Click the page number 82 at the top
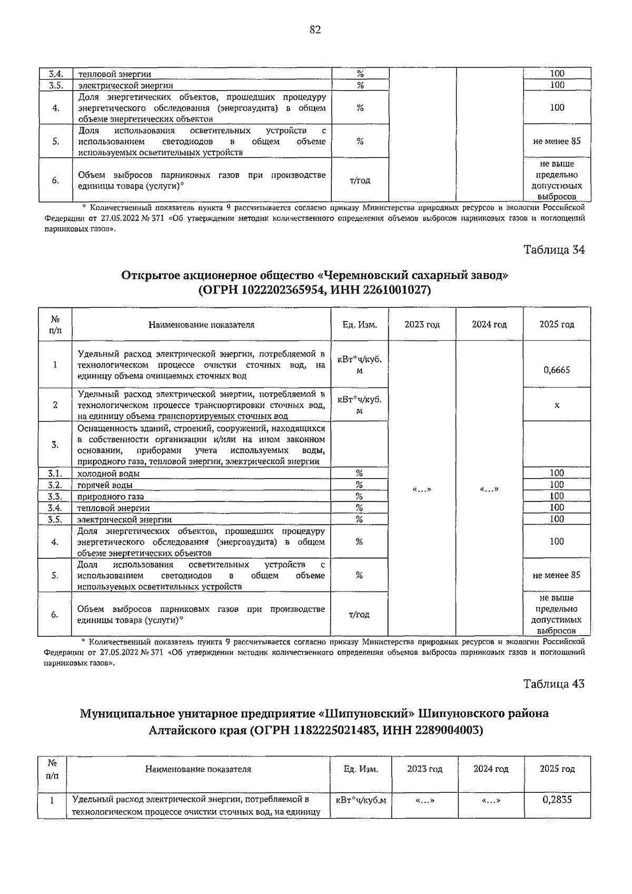coord(315,30)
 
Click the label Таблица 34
coord(554,250)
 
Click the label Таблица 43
coord(554,684)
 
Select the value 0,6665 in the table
coord(557,370)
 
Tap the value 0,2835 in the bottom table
coord(557,800)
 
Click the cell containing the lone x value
coord(557,405)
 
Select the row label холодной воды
coord(108,473)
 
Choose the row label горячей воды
coord(105,485)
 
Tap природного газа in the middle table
coord(111,497)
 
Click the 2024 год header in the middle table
coord(489,324)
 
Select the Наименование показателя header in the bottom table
coord(198,769)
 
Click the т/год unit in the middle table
coord(359,615)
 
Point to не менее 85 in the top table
coord(557,141)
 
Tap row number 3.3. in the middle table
coord(55,497)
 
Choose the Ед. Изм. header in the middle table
coord(359,324)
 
